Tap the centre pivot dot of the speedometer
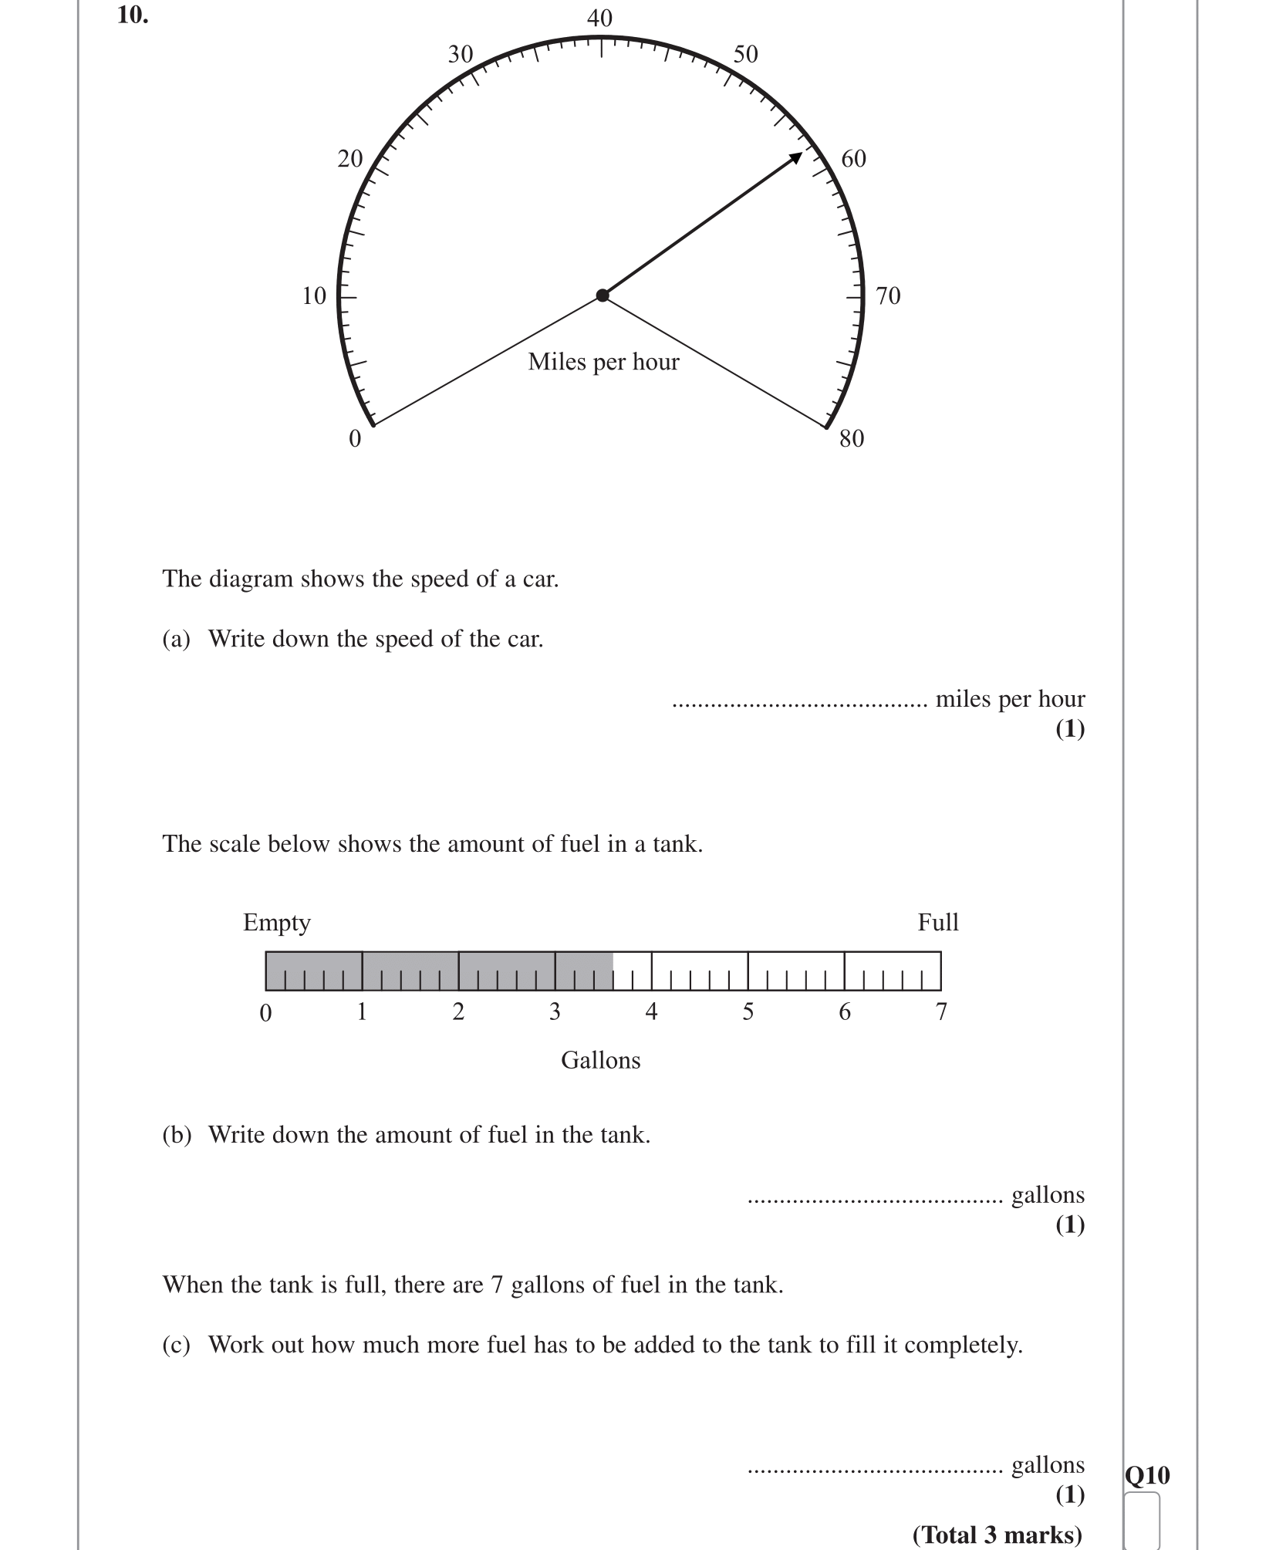(x=603, y=295)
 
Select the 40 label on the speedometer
(x=599, y=19)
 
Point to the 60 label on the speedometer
(x=853, y=159)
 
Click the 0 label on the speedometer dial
(x=355, y=439)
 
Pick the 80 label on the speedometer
(x=852, y=439)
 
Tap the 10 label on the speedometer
(x=314, y=296)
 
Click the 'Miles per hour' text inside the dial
(x=603, y=362)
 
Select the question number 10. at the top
(x=133, y=15)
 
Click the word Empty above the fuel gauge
(x=276, y=923)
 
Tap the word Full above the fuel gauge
(x=937, y=923)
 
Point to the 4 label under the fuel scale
(x=651, y=1011)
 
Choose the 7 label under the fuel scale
(x=941, y=1011)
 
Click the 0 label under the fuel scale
(x=265, y=1012)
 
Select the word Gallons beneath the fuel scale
(x=600, y=1060)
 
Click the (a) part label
(x=176, y=639)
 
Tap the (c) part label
(x=176, y=1345)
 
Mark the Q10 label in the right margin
(x=1147, y=1476)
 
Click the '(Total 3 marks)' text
(x=998, y=1535)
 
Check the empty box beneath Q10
(x=1142, y=1521)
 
